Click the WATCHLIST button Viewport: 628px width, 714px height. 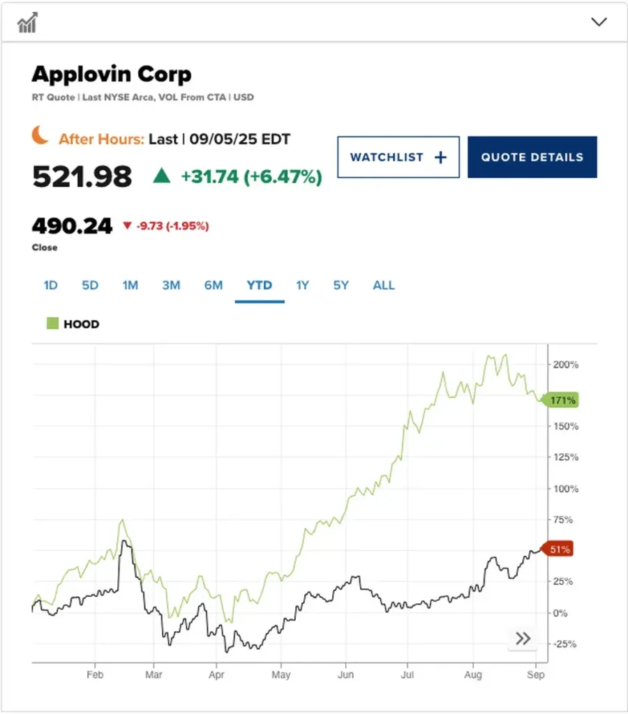pyautogui.click(x=398, y=157)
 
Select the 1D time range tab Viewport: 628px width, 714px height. pyautogui.click(x=51, y=285)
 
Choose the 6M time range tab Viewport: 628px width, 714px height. pyautogui.click(x=214, y=285)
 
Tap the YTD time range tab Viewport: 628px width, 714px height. pyautogui.click(x=259, y=285)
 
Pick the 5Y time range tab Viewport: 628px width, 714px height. pyautogui.click(x=341, y=285)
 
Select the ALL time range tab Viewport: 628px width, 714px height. pyautogui.click(x=384, y=285)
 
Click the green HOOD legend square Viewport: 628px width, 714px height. pyautogui.click(x=52, y=324)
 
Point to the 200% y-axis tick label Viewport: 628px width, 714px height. pyautogui.click(x=566, y=364)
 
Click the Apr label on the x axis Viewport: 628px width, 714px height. pyautogui.click(x=216, y=675)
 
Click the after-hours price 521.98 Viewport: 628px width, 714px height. pyautogui.click(x=82, y=176)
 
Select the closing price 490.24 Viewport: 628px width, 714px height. pyautogui.click(x=72, y=226)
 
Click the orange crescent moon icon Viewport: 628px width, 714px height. pyautogui.click(x=40, y=135)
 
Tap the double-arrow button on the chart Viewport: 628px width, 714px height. pyautogui.click(x=523, y=638)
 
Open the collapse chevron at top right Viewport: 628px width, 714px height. pyautogui.click(x=599, y=22)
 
